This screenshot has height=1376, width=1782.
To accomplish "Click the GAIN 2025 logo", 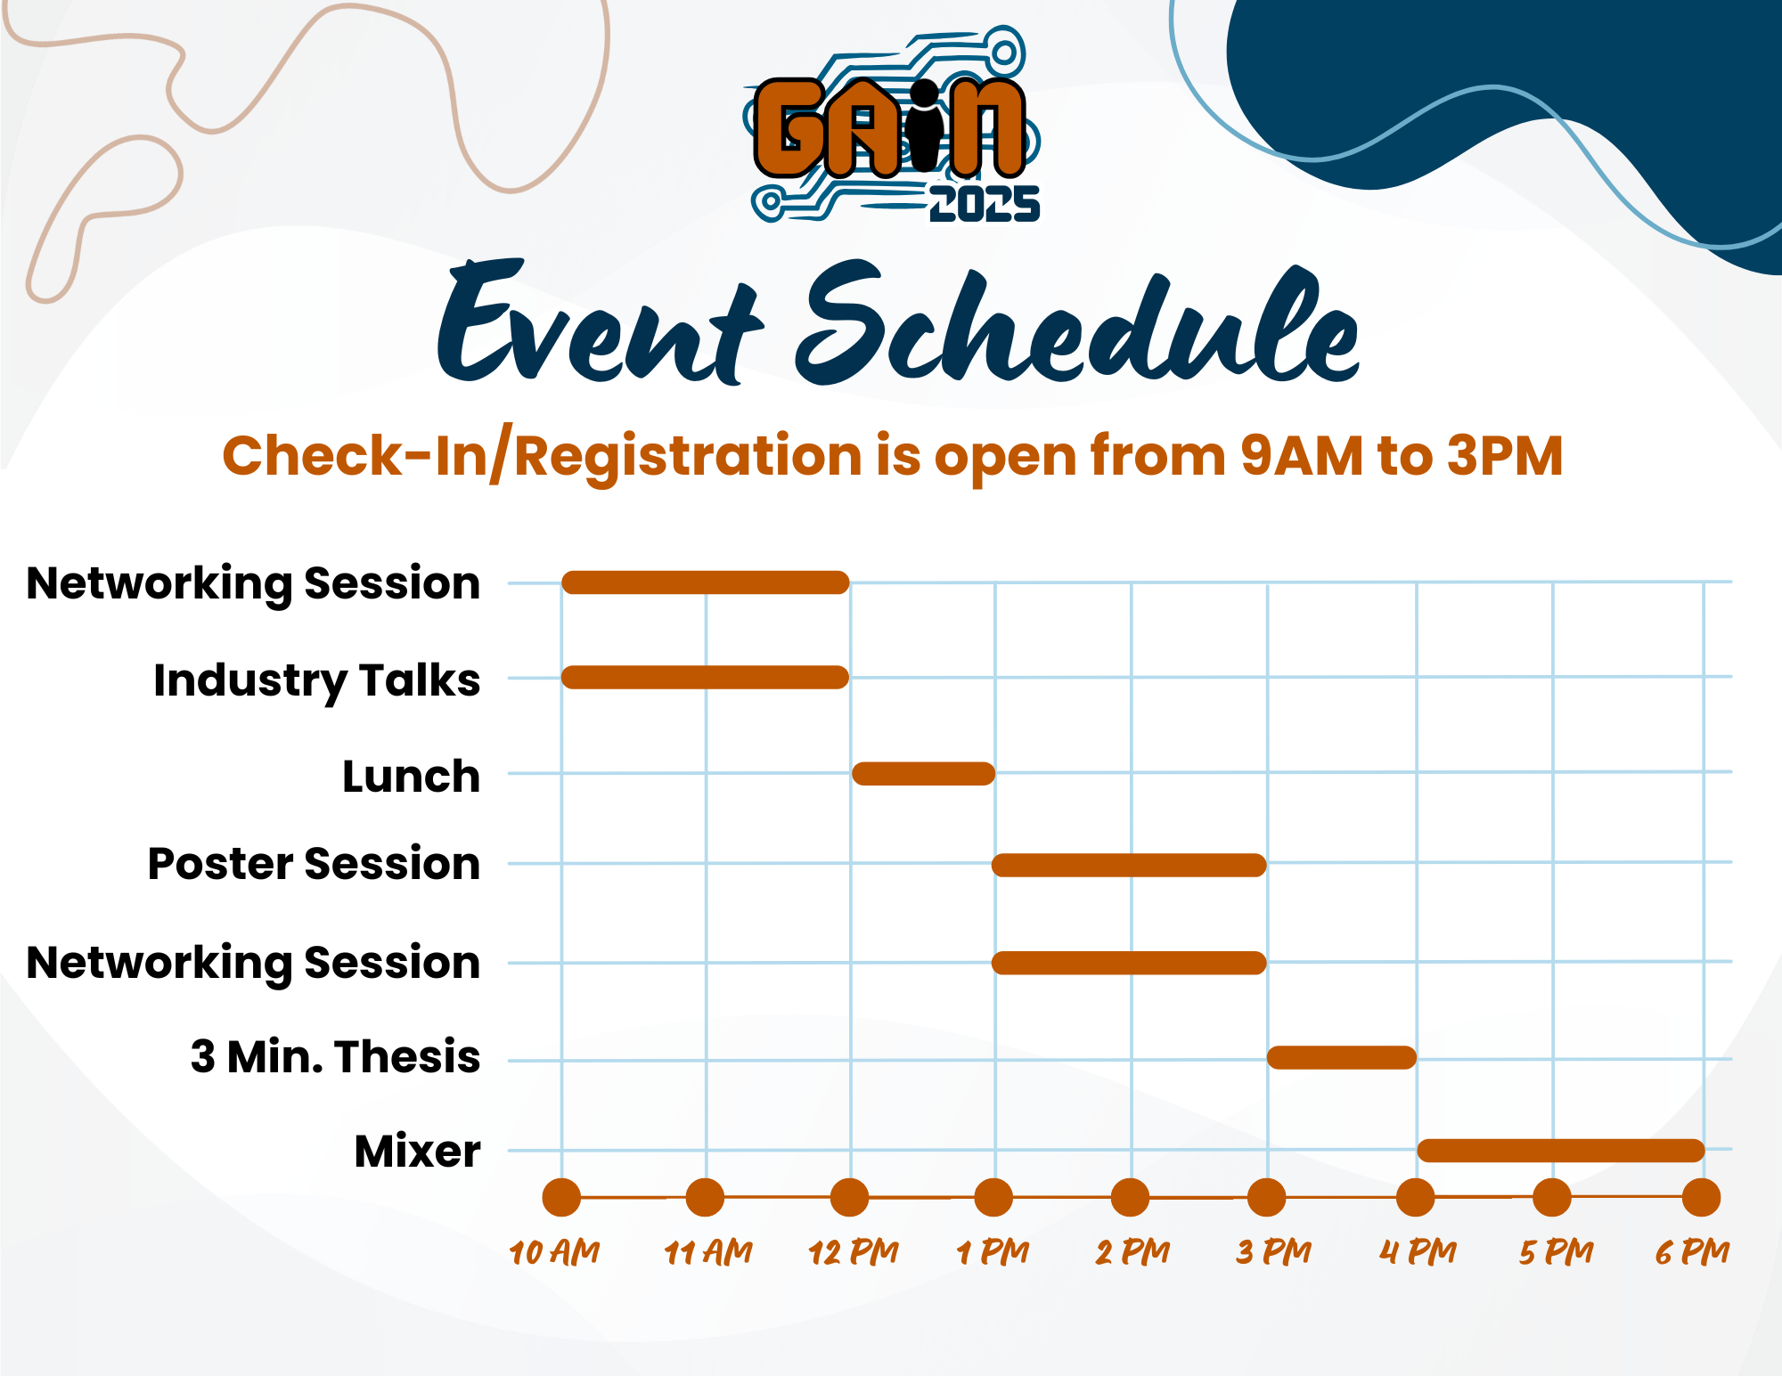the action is click(x=892, y=125).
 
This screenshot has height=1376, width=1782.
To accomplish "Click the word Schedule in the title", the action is click(x=1078, y=325).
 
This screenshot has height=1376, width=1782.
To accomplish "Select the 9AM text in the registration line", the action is click(x=1301, y=456).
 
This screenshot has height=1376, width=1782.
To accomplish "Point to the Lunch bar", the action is click(x=924, y=773).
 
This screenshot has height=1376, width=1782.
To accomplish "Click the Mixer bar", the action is click(x=1561, y=1150).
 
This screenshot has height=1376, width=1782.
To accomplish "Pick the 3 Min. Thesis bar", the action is click(x=1342, y=1057).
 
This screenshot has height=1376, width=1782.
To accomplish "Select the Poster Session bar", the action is click(x=1129, y=865).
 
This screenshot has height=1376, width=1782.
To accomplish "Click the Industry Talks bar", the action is click(x=705, y=677).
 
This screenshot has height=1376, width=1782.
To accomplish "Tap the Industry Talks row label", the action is click(x=317, y=681).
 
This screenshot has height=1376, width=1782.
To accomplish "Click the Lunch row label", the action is click(x=412, y=777).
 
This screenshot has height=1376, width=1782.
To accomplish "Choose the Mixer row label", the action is click(x=418, y=1151).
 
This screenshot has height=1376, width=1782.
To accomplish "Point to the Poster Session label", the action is click(x=315, y=864).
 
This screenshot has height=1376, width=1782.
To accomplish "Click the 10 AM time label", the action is click(x=554, y=1252).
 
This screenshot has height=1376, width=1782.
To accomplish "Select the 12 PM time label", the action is click(x=854, y=1252).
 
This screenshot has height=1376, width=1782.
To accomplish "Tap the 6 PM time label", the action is click(x=1692, y=1252).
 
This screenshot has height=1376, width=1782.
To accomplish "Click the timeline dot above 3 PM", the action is click(x=1266, y=1198).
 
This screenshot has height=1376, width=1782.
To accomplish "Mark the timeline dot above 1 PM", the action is click(x=993, y=1198).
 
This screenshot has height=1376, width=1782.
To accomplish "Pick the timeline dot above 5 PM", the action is click(x=1551, y=1198).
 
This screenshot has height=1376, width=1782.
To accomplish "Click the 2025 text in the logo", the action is click(x=985, y=204).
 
